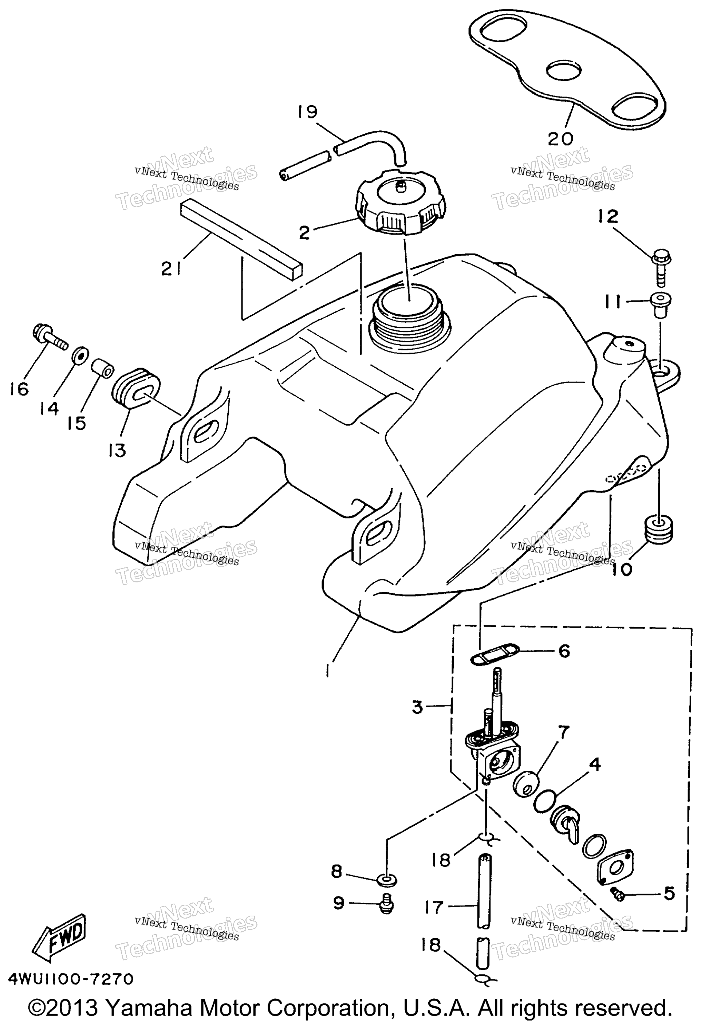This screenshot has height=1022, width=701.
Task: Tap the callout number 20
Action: click(561, 139)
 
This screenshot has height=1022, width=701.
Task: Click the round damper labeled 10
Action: click(658, 530)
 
